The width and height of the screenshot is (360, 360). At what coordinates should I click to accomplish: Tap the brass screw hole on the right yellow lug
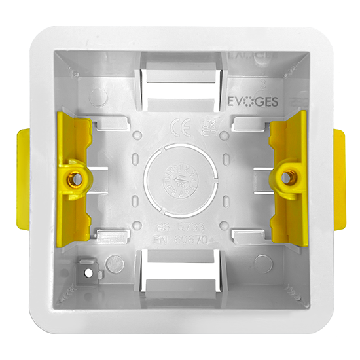pos(286,174)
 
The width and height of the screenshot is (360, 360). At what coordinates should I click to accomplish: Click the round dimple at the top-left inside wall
pos(98,98)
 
